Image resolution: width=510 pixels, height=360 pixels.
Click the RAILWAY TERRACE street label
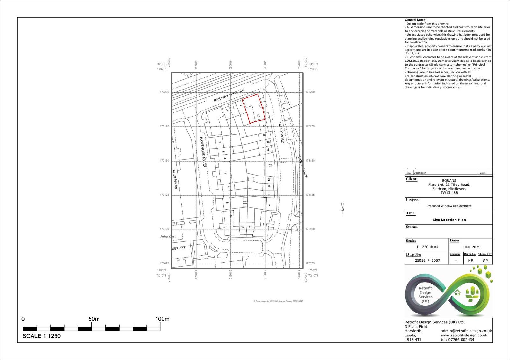(x=229, y=95)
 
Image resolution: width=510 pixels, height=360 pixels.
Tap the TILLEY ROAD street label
(x=281, y=132)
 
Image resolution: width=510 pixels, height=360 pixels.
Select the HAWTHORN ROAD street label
(x=203, y=152)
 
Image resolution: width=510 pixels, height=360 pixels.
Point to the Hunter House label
(x=175, y=178)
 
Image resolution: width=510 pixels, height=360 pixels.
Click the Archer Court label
(x=168, y=237)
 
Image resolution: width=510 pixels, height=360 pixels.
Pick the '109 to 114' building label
(x=178, y=248)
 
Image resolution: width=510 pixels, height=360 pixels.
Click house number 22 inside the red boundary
(x=259, y=116)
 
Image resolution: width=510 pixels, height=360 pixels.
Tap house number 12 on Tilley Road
(x=270, y=165)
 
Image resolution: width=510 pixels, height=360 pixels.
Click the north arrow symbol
(x=343, y=208)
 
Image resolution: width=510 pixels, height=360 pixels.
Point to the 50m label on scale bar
(x=94, y=319)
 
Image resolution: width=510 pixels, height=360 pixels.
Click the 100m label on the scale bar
(x=162, y=319)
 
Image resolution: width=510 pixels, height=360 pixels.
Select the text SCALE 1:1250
(x=41, y=336)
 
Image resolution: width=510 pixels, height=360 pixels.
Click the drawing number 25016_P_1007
(x=427, y=261)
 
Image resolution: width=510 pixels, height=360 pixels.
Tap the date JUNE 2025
(x=471, y=247)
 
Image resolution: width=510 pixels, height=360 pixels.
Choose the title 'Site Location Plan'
(x=449, y=220)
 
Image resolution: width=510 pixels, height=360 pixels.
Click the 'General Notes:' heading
(x=415, y=20)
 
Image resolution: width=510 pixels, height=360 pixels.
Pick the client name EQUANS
(x=449, y=181)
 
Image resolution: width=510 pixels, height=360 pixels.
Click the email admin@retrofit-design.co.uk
(x=466, y=331)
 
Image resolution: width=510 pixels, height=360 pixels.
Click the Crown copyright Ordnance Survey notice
(x=278, y=301)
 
